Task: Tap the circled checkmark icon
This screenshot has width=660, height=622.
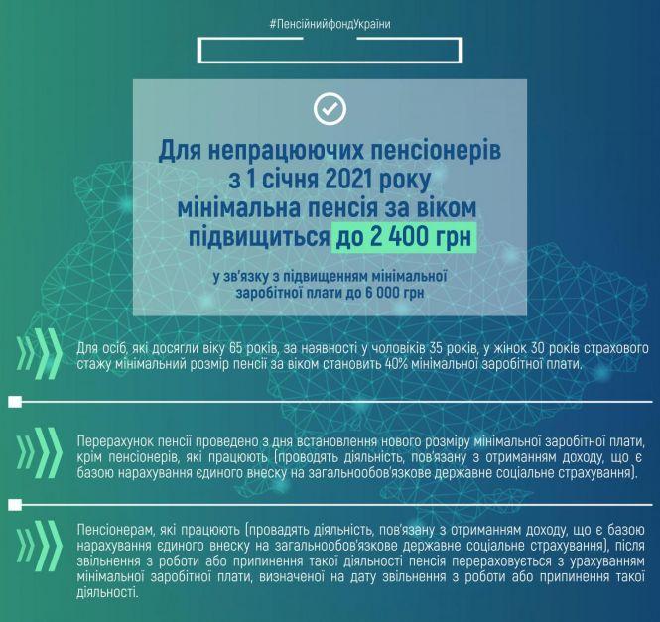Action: (330, 108)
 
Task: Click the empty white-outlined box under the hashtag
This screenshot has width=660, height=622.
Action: (330, 52)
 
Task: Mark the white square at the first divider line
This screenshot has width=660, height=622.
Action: (14, 403)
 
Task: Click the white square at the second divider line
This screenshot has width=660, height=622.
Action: (14, 504)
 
